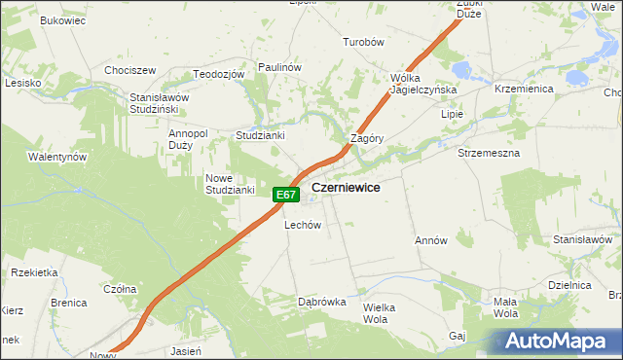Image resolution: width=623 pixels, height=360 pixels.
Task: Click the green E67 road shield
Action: pyautogui.click(x=285, y=195)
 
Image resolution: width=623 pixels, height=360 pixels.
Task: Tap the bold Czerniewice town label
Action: pyautogui.click(x=346, y=187)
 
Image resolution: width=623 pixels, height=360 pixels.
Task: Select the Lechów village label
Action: pyautogui.click(x=303, y=225)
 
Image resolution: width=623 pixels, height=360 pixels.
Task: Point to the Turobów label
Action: pyautogui.click(x=365, y=43)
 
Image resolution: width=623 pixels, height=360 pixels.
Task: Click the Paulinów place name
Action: pyautogui.click(x=280, y=66)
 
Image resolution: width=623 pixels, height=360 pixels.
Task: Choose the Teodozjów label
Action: pyautogui.click(x=217, y=75)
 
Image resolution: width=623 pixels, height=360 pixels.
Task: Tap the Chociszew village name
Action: pyautogui.click(x=130, y=71)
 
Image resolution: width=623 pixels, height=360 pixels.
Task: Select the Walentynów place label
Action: pyautogui.click(x=57, y=157)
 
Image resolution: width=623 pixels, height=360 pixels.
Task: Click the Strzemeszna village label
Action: pyautogui.click(x=489, y=154)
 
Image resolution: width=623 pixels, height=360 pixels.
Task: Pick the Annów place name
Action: pyautogui.click(x=430, y=240)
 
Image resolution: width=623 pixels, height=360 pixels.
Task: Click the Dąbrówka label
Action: pyautogui.click(x=322, y=303)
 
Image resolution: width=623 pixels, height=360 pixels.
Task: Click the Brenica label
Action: pyautogui.click(x=69, y=304)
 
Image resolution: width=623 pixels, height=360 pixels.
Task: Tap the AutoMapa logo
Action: pyautogui.click(x=556, y=341)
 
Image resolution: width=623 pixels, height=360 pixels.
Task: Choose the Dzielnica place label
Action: pyautogui.click(x=570, y=286)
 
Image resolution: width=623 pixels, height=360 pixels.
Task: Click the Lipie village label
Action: pyautogui.click(x=452, y=114)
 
